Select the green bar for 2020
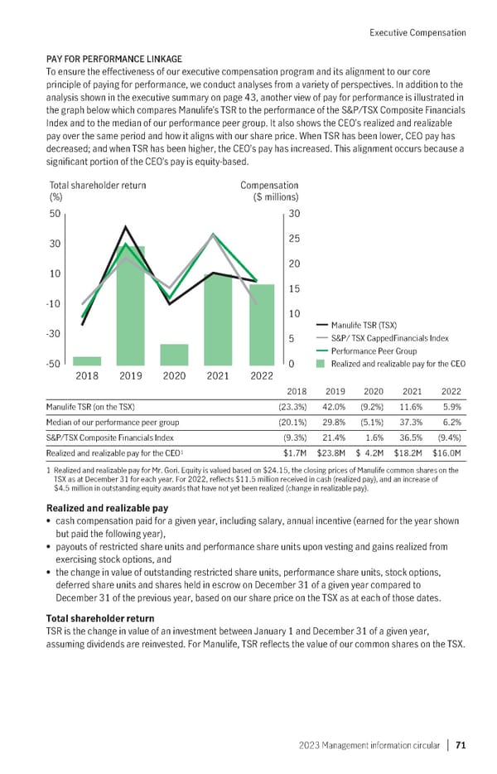point(174,355)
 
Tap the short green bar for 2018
point(87,360)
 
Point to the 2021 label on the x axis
point(217,375)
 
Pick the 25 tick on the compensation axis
point(292,239)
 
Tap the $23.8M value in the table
point(331,452)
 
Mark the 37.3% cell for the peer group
point(408,422)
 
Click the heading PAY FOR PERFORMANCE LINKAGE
point(113,60)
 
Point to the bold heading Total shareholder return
point(100,618)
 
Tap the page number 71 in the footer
point(460,745)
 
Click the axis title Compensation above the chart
point(269,186)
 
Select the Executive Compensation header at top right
point(417,33)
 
